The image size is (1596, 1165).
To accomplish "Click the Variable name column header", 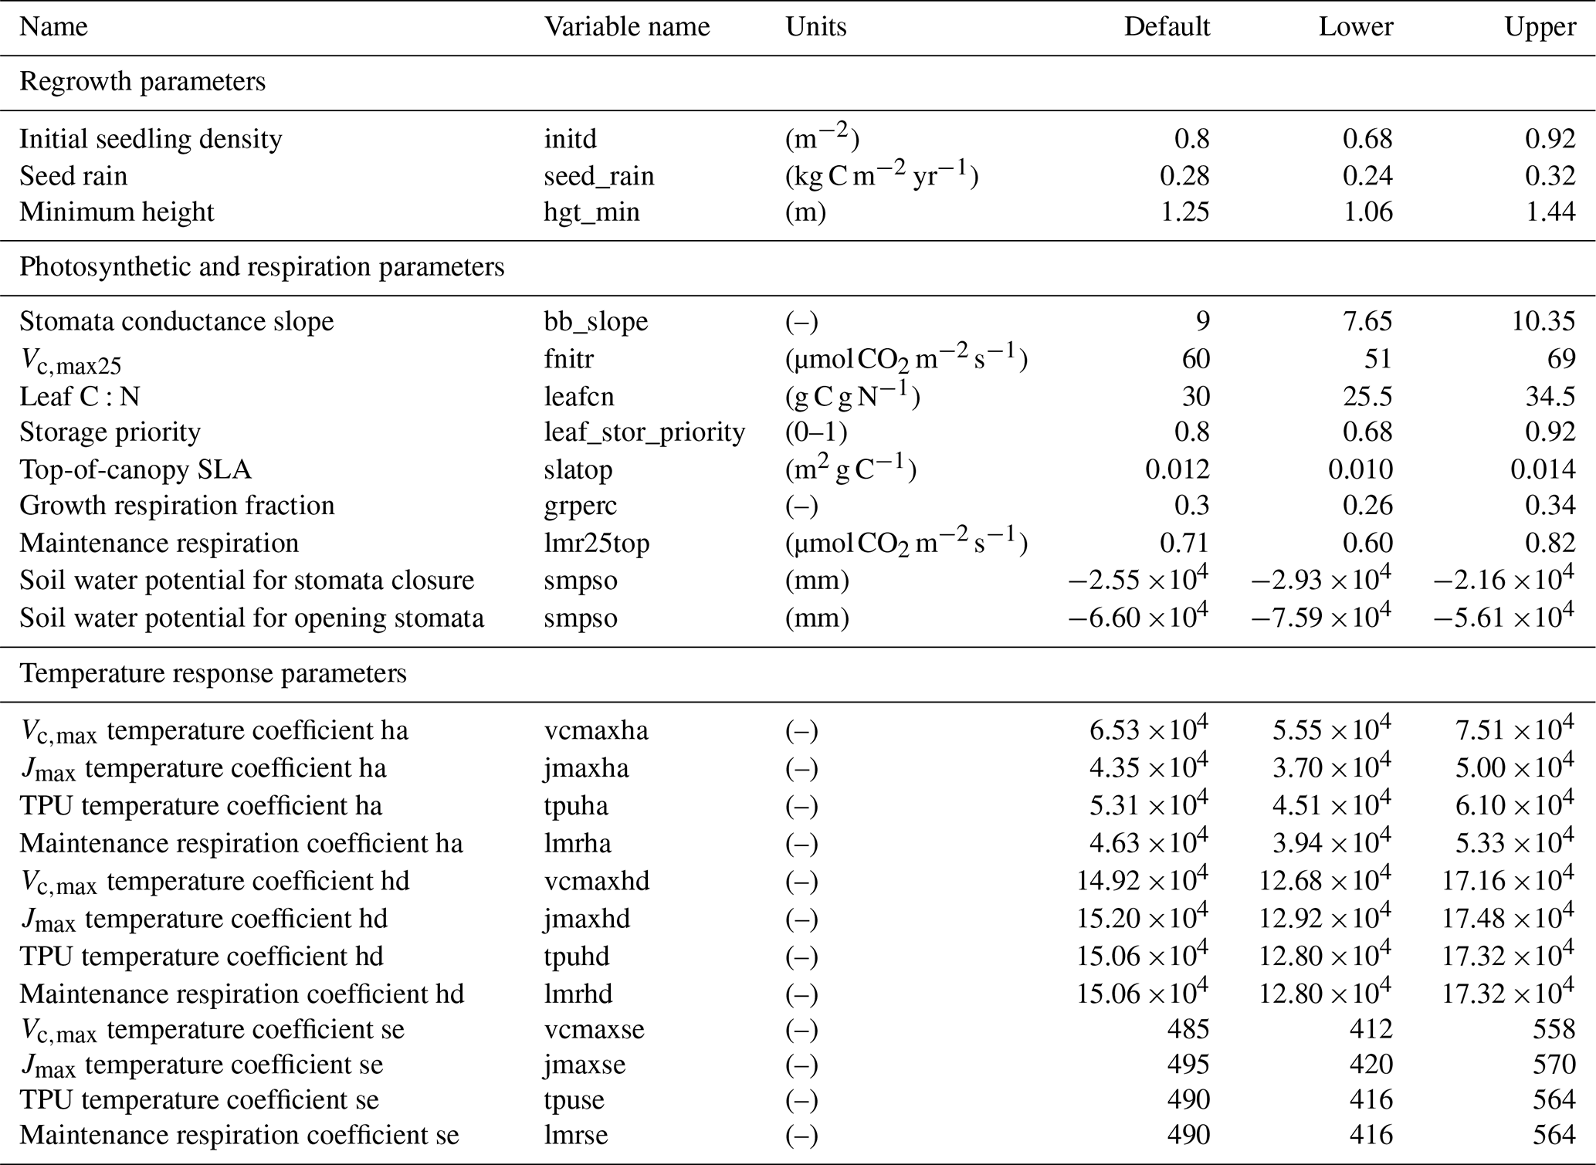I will coord(626,27).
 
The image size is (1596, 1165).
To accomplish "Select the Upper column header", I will coord(1540,27).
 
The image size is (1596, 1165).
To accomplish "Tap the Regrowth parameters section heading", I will coord(142,82).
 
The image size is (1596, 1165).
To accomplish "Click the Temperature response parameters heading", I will coord(212,673).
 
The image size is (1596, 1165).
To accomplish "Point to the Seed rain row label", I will coord(73,176).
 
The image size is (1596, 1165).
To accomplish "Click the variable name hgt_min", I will coord(591,212).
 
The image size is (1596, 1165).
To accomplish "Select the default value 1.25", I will coord(1184,212).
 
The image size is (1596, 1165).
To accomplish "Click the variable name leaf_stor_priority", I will coord(644,432).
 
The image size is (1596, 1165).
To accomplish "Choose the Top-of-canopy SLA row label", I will coord(135,469).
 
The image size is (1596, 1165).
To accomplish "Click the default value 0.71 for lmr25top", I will coord(1184,543).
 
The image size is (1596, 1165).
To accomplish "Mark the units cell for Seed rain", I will coord(881,176).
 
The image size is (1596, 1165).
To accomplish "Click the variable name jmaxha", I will coord(586,768).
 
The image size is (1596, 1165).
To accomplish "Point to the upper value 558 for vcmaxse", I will coord(1554,1029).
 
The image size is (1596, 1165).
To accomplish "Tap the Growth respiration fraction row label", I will coord(177,506).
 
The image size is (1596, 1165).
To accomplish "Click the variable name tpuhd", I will coord(576,957).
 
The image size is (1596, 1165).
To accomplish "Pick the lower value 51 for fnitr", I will coord(1377,359).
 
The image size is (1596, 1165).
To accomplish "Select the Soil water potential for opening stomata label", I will coord(252,618).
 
